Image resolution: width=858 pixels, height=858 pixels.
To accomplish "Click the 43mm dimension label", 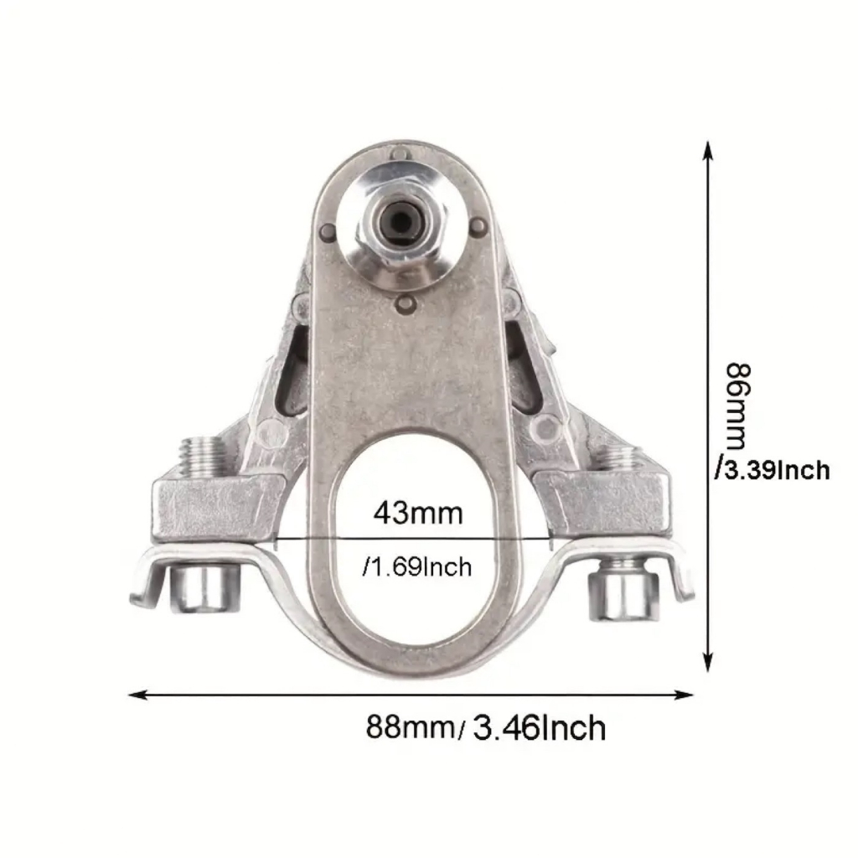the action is click(418, 514).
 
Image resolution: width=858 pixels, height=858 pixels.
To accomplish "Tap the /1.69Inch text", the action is click(416, 567).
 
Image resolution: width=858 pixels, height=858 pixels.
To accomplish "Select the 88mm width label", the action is click(410, 728).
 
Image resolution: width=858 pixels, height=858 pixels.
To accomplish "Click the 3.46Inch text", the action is click(539, 728).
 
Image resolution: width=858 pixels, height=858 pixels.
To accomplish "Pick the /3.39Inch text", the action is click(773, 470).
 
